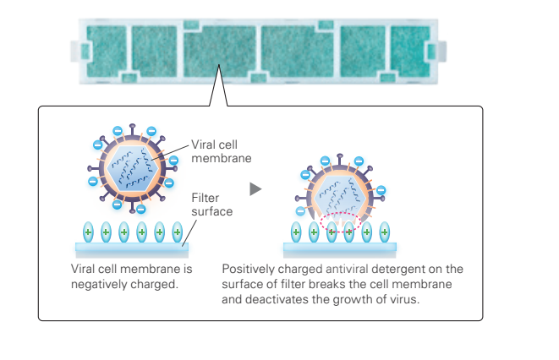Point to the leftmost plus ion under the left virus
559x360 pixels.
[x=88, y=232]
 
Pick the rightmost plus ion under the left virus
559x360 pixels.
[x=177, y=232]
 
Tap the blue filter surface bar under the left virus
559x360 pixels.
[x=132, y=249]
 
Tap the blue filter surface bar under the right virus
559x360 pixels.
[x=338, y=249]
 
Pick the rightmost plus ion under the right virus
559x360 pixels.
[x=385, y=232]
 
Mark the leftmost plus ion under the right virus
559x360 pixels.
[x=296, y=232]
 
